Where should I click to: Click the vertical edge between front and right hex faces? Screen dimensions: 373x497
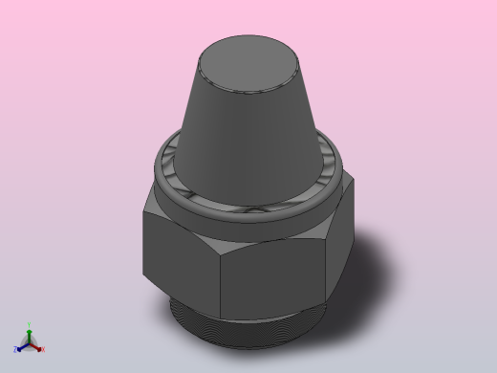(330, 258)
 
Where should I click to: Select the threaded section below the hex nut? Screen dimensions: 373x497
(258, 330)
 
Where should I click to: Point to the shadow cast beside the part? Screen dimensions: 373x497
(373, 277)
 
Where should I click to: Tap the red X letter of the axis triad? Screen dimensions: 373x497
(42, 349)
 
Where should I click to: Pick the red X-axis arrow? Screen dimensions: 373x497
(36, 344)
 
